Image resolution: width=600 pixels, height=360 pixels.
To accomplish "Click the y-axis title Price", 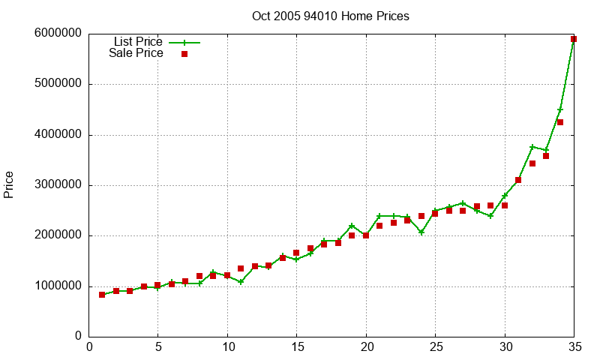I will pos(9,184).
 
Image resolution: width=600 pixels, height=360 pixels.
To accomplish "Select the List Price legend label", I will pos(138,42).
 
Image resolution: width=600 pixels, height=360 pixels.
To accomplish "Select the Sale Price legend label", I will pos(136,53).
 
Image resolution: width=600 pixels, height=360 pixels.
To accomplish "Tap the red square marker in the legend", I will pos(184,53).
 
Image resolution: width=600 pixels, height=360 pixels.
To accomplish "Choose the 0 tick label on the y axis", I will pos(78,337).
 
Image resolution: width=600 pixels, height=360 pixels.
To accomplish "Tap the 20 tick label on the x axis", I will pos(366,347).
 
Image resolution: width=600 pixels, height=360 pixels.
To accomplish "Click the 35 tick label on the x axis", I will pos(574,347).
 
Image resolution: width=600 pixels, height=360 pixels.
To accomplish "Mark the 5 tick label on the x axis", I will pos(157,347).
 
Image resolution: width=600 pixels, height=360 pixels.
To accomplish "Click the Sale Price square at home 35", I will pos(574,39).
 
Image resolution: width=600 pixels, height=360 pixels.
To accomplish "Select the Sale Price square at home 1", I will pos(102,295).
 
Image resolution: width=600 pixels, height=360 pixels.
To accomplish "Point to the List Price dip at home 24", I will pos(421,232).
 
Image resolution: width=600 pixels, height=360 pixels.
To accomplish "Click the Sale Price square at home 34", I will pos(560,122).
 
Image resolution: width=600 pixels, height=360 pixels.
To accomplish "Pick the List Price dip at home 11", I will pos(241,282).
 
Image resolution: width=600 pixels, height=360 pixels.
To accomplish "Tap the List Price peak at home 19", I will pos(352,226).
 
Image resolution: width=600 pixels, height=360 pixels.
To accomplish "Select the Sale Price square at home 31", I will pos(518,180).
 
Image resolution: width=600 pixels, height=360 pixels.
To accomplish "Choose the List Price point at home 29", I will pos(490,216).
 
